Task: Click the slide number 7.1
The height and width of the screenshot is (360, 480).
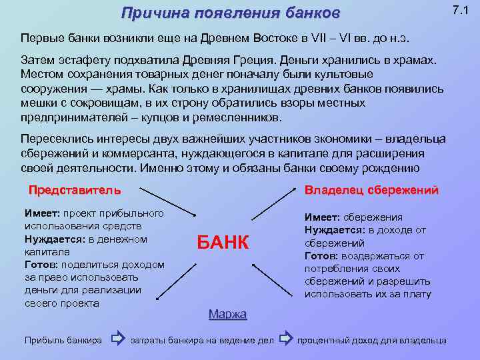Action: [460, 10]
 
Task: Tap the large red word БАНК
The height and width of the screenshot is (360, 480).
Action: [223, 243]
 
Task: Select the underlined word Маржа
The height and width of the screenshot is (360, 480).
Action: [227, 314]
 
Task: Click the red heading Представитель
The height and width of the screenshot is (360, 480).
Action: [75, 190]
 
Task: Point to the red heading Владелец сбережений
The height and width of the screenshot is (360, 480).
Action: [371, 190]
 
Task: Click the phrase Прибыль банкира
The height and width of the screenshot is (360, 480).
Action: [63, 341]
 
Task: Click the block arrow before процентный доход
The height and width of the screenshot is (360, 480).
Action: [285, 340]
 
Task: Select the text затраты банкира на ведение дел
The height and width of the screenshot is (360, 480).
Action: [202, 341]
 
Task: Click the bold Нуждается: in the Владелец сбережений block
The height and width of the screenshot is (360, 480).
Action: [335, 230]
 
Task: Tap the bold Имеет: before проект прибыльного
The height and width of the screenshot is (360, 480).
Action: [42, 213]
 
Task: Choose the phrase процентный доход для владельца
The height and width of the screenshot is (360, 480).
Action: [372, 341]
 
